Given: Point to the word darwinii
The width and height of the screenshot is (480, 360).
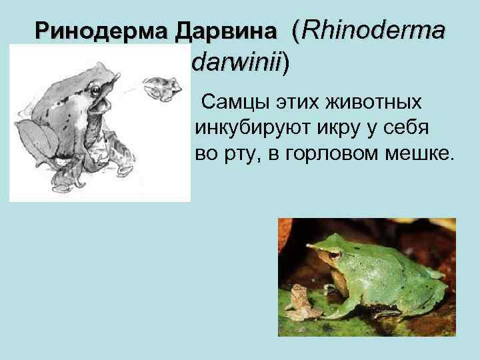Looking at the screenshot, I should click(x=237, y=63).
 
